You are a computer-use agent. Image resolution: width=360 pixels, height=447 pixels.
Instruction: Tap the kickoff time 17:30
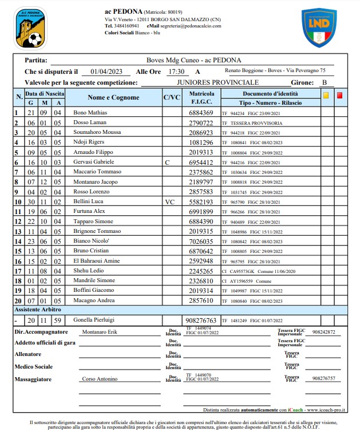176,72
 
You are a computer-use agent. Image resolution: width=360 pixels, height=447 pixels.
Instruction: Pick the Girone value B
325,83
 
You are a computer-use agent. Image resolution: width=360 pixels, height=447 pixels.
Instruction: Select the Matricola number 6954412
201,163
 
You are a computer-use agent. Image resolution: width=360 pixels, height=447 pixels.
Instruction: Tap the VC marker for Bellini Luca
170,202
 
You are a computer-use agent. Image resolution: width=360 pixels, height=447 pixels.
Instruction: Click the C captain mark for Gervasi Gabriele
167,163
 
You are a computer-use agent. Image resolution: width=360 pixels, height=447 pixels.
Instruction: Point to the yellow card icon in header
326,96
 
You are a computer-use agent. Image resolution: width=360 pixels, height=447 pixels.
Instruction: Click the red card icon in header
340,96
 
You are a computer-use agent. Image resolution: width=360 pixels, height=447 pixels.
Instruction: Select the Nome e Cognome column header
113,97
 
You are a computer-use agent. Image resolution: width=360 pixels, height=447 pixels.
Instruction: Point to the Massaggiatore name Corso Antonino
102,379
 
